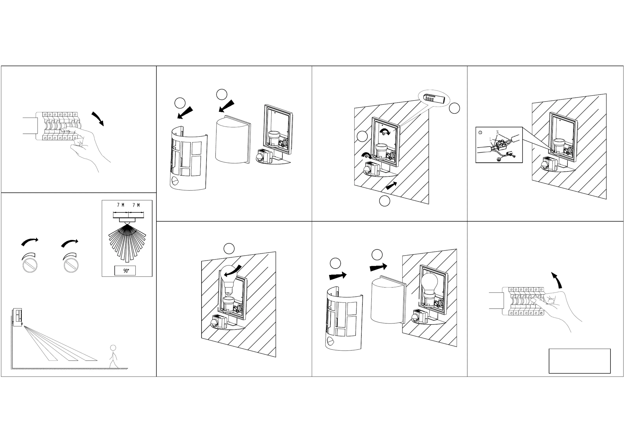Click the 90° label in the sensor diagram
[x=125, y=271]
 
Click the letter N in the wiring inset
[x=497, y=132]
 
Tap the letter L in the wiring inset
[x=491, y=139]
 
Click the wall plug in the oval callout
[x=434, y=98]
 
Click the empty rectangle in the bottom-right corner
[x=580, y=361]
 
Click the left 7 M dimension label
[x=121, y=205]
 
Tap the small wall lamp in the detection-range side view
[x=17, y=317]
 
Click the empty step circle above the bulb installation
[x=229, y=249]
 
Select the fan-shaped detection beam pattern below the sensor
[x=127, y=241]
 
